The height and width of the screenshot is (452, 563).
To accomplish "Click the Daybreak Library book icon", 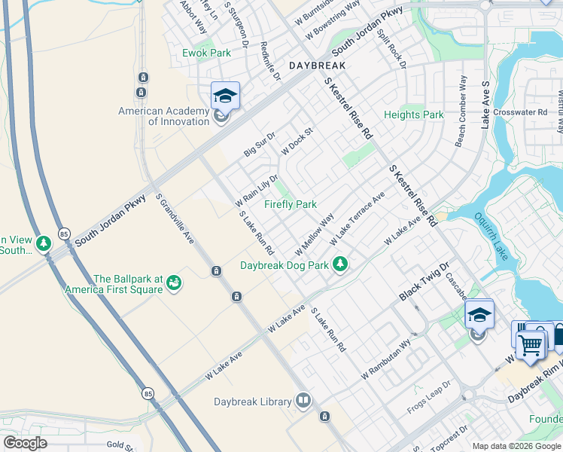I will click(x=303, y=400).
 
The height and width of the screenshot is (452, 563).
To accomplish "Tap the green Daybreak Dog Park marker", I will click(x=341, y=264).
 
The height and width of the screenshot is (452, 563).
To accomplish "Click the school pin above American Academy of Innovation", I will click(x=225, y=96).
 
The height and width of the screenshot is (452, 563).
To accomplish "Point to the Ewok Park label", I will click(x=206, y=53).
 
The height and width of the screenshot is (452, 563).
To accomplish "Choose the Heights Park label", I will click(x=413, y=115).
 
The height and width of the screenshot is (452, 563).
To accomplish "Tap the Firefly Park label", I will click(x=290, y=204).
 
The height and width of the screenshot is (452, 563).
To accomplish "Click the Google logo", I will click(x=26, y=443).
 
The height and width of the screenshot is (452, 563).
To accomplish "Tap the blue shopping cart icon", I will click(x=531, y=344).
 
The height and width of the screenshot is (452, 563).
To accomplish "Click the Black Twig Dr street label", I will click(x=423, y=282).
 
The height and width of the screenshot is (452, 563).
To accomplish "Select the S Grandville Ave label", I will click(x=175, y=219).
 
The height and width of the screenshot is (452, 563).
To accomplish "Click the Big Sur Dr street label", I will click(x=260, y=143).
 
